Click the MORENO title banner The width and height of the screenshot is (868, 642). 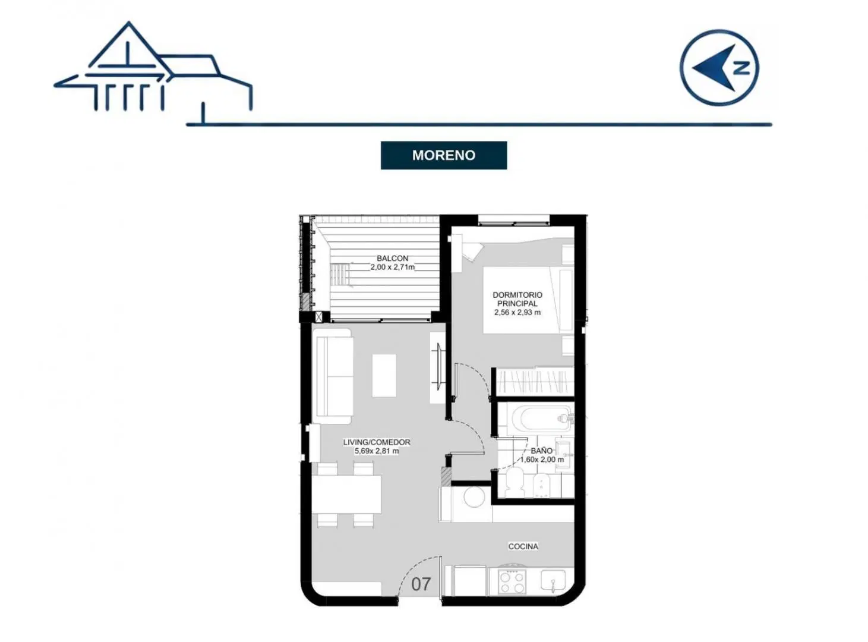(443, 156)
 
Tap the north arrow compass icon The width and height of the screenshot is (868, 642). (719, 67)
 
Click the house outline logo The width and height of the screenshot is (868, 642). (153, 67)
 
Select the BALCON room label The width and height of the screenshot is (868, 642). (392, 259)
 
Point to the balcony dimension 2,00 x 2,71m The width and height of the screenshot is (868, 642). (392, 267)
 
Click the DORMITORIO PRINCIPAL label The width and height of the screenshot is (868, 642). (517, 299)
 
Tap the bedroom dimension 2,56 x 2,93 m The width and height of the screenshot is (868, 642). (517, 312)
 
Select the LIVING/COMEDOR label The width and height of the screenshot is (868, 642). (377, 442)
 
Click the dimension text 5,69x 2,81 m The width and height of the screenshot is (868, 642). (377, 451)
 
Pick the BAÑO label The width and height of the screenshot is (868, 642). (542, 451)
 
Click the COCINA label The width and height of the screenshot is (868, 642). (523, 546)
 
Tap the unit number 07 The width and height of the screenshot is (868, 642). (421, 584)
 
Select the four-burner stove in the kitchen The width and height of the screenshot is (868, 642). (513, 582)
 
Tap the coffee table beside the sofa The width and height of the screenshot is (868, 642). (384, 376)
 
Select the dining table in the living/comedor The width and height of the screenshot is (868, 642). (347, 495)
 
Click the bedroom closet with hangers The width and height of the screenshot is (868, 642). (534, 382)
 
